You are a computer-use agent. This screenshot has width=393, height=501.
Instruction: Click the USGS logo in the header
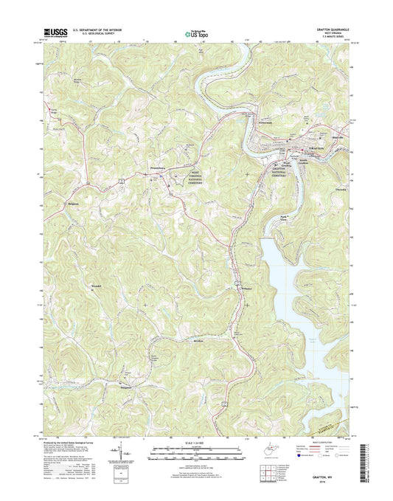(x=55, y=32)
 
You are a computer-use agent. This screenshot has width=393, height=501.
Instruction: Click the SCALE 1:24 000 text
(x=195, y=441)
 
